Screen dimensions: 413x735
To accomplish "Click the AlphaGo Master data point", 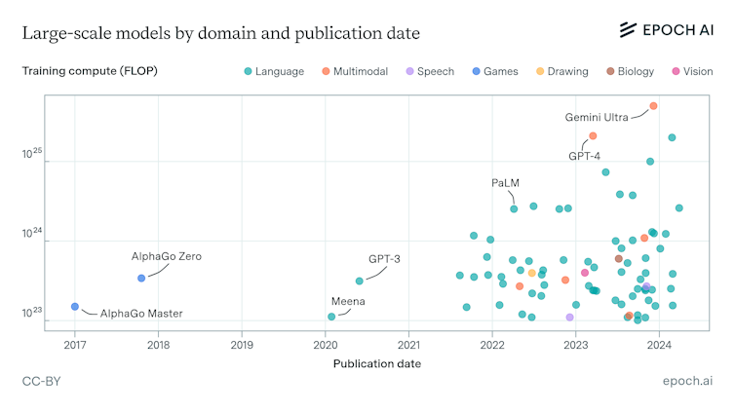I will point(75,307).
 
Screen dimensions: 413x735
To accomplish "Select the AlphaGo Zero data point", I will point(141,278).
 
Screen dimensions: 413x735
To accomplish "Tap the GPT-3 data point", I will point(360,281).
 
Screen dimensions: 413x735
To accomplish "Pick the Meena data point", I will point(331,317).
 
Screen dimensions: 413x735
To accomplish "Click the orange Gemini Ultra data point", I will point(653,106).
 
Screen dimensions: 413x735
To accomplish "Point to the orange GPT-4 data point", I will point(593,135).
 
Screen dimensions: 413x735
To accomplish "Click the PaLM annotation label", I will point(505,183).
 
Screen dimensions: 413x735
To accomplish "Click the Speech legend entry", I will point(429,71).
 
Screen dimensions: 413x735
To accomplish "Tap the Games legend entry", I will point(494,71).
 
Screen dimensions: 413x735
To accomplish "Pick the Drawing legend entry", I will point(561,71).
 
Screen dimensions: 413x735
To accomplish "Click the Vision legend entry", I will point(692,71).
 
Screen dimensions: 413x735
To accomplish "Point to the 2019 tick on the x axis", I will point(242,344).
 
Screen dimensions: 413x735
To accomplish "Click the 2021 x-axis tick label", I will point(409,344).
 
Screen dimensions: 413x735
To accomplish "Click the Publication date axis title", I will point(377,363).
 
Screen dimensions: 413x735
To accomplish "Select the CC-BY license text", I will point(41,382).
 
